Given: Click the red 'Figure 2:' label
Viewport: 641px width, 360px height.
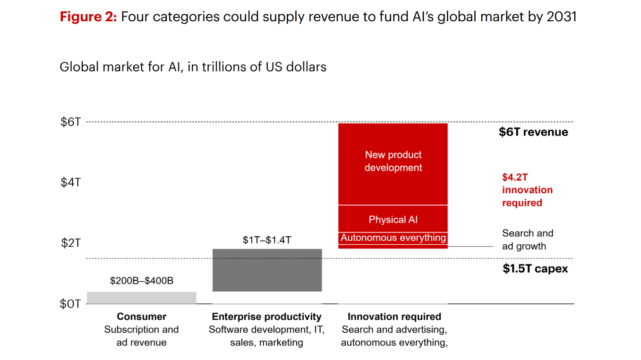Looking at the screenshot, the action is (88, 17).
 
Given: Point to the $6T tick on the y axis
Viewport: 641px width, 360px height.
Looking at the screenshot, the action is (71, 122).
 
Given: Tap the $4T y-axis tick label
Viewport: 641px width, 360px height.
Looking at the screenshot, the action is (71, 182).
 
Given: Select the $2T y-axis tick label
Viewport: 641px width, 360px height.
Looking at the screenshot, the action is (71, 243).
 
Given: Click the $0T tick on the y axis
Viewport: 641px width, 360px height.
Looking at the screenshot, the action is (70, 304).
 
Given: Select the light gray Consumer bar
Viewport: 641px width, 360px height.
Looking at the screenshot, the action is (141, 298).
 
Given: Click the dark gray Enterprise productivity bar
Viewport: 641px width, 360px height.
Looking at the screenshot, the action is (267, 270).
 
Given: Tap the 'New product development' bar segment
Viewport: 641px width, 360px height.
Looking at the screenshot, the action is (393, 164).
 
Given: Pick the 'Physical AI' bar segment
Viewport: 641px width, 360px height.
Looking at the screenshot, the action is (393, 219).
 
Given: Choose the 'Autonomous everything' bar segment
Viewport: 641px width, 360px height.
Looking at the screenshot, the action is (393, 238).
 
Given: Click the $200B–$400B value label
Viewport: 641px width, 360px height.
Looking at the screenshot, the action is (142, 281).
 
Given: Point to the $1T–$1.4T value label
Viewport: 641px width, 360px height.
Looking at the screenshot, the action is (267, 240).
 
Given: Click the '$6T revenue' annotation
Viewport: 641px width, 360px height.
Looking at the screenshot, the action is (533, 132).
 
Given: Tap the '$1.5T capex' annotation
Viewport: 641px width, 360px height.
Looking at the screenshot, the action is (535, 269).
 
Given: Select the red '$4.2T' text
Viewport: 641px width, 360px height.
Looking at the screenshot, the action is (515, 178).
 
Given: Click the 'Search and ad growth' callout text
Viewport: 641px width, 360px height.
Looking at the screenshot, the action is (528, 240).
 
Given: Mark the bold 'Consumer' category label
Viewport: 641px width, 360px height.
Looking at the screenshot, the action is (141, 317).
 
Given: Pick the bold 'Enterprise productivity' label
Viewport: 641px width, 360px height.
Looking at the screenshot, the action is (267, 317).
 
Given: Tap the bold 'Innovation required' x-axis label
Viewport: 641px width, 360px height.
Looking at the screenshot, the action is (394, 317).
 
